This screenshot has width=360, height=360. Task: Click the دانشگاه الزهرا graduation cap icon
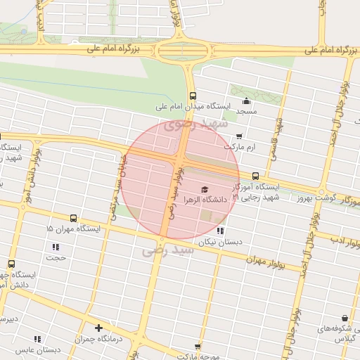coord(205,189)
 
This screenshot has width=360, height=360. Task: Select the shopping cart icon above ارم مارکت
coord(239,136)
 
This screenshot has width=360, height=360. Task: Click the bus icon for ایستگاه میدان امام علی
coord(192,96)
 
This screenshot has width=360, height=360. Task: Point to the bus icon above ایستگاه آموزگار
coord(255,176)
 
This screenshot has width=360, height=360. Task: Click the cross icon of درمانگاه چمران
coord(98,328)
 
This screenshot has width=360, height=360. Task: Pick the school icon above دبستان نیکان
coord(220,231)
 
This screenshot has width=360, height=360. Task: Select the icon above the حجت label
coord(56,247)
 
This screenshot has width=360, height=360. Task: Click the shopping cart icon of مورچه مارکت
coord(198,346)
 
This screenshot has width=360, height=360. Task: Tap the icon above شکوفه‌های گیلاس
coord(345,318)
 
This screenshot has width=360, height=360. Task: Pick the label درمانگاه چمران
coord(98,339)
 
